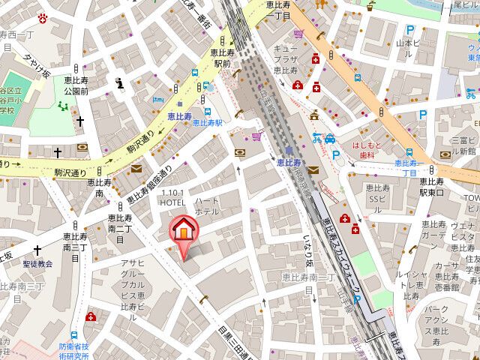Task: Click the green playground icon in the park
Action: click(x=63, y=105)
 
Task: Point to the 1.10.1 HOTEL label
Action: click(x=172, y=198)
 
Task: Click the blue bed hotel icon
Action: click(x=157, y=100)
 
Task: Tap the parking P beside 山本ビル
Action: click(x=409, y=30)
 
